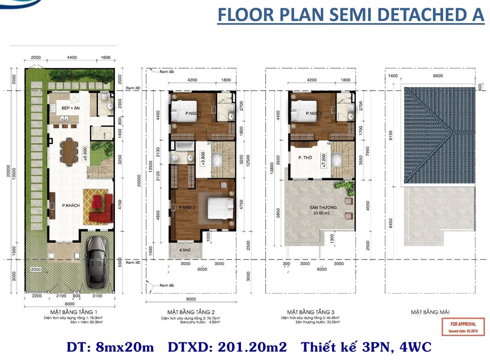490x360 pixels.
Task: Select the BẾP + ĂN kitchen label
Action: (x=60, y=108)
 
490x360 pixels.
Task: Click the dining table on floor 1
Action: (x=69, y=150)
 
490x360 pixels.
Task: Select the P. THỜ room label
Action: (x=306, y=156)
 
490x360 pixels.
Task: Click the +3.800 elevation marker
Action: (x=202, y=157)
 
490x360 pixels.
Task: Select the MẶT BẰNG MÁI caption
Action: (x=430, y=312)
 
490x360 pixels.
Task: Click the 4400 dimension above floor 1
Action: (x=72, y=58)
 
